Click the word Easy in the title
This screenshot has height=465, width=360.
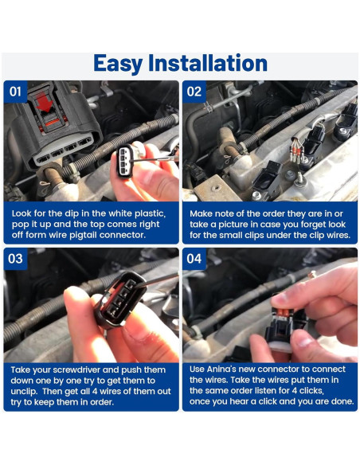tap(118, 64)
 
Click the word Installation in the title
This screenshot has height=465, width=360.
tap(208, 63)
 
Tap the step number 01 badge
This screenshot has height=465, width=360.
tap(15, 92)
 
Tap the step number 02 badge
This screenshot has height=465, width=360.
tap(194, 92)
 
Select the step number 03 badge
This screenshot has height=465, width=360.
tap(15, 259)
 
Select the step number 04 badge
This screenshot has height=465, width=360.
tap(194, 259)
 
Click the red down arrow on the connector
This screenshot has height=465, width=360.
tap(44, 102)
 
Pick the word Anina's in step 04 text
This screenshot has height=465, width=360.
tap(221, 369)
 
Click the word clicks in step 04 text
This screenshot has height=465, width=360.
tap(311, 391)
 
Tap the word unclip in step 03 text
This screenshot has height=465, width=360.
tap(24, 392)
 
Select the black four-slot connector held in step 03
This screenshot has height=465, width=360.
tap(120, 300)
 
